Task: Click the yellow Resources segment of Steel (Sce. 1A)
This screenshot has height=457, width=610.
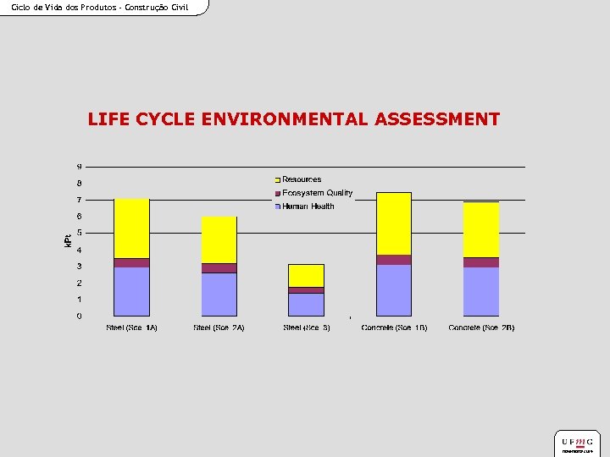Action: [131, 228]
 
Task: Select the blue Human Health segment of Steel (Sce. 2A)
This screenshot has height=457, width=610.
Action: [219, 295]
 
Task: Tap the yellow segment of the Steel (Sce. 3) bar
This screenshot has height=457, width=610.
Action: [306, 275]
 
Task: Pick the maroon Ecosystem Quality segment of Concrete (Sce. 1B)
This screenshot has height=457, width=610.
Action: [394, 260]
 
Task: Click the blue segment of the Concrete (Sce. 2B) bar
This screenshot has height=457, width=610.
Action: [480, 292]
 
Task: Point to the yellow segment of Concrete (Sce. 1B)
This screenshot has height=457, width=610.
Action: [394, 223]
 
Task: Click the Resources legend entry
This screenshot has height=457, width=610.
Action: [302, 179]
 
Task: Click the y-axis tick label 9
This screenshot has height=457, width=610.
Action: [80, 166]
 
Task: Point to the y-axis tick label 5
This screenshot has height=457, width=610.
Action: [80, 233]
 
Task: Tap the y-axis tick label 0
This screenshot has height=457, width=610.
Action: [80, 317]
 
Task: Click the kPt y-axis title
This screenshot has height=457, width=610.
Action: [69, 241]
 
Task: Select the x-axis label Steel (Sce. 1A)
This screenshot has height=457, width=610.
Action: [131, 328]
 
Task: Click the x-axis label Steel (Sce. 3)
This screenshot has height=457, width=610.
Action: [307, 328]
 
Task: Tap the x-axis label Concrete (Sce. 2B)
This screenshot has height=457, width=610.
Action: [481, 328]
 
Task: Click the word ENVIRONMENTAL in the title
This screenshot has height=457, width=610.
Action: [286, 119]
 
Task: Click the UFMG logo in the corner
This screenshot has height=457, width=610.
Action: [578, 443]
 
